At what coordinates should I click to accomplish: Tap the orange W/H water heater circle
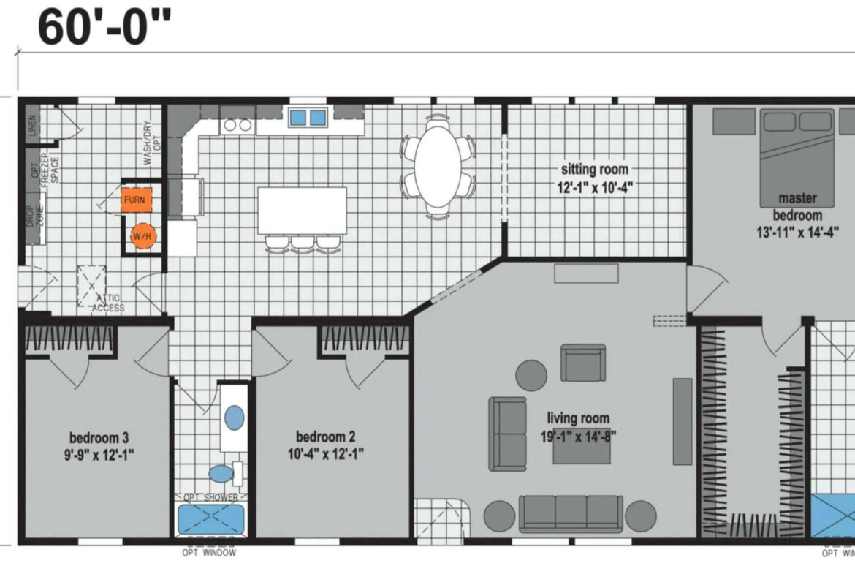142,236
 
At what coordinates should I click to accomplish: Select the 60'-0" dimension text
104,26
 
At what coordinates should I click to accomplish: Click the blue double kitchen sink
308,117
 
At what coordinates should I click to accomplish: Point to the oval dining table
438,167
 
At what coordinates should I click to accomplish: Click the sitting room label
594,169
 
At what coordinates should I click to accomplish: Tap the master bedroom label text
797,206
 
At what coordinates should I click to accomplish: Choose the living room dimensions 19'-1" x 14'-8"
578,437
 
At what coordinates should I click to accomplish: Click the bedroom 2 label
325,437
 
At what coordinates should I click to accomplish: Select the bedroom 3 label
99,437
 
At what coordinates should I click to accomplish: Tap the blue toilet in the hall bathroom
221,474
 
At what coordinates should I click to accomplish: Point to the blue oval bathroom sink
235,418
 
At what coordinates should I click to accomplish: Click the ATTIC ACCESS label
108,303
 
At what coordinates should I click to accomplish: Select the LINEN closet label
34,125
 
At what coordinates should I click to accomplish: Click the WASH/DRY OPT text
151,143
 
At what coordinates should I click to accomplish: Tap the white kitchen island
302,211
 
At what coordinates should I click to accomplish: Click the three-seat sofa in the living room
571,513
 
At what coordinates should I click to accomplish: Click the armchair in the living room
583,363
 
